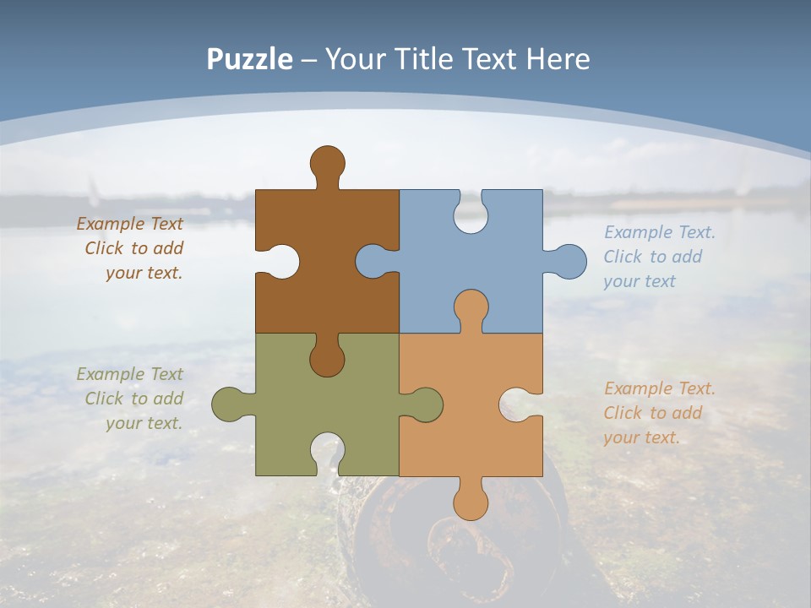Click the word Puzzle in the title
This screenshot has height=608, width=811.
point(249,59)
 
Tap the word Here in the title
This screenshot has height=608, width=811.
point(558,59)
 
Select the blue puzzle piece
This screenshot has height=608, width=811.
point(498,253)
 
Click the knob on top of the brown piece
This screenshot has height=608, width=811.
point(327,162)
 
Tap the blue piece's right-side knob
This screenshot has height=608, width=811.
point(569,261)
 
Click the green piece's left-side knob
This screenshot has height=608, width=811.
point(228,404)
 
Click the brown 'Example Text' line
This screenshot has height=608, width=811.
point(129,224)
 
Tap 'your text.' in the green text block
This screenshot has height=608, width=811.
point(144,423)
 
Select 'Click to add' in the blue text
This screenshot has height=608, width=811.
point(652,257)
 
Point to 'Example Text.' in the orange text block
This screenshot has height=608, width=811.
point(659,388)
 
